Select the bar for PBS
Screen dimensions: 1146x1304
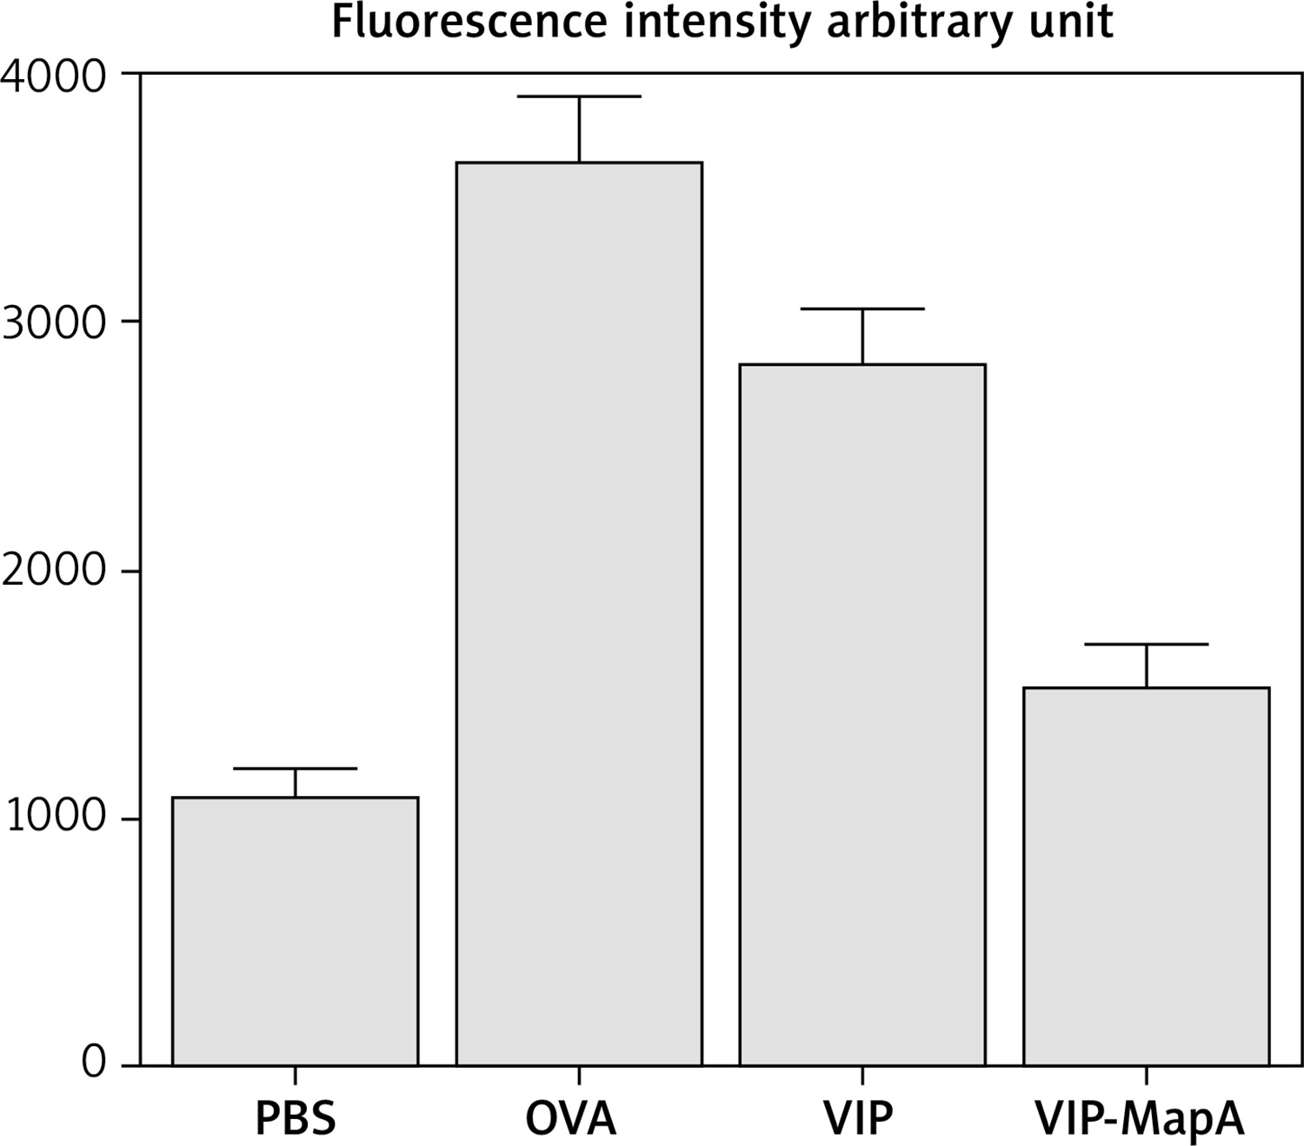tap(296, 931)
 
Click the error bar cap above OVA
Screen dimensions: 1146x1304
tap(579, 96)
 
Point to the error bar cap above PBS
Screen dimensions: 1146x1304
tap(296, 768)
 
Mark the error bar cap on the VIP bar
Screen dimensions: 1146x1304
tap(862, 308)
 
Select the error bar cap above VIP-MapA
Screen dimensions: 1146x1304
tap(1147, 644)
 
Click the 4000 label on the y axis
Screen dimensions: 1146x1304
tap(54, 76)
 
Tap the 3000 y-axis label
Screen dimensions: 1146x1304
tap(54, 323)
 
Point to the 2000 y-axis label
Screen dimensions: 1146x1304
tap(54, 571)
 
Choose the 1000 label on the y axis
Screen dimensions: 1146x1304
tap(54, 818)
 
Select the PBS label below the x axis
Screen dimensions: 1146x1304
tap(296, 1119)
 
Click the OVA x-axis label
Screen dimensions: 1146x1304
tap(571, 1119)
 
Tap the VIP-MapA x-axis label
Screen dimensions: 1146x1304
tap(1140, 1119)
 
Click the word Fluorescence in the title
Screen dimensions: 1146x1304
tap(469, 22)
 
